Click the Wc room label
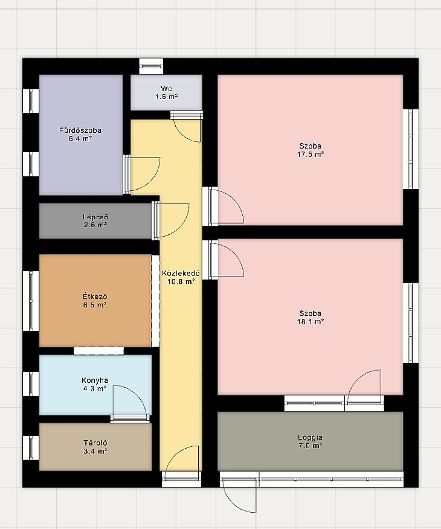[x=166, y=89]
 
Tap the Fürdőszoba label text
[x=80, y=130]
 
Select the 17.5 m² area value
[x=311, y=155]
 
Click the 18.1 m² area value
[x=311, y=321]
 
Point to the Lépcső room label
[x=95, y=217]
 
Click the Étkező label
[x=95, y=297]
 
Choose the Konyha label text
[x=95, y=380]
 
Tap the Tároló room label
[x=95, y=443]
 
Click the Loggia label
[x=310, y=437]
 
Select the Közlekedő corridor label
[x=181, y=273]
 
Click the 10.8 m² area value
[x=181, y=281]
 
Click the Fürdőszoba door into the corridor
[x=142, y=174]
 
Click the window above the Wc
[x=151, y=66]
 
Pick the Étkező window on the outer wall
[x=31, y=301]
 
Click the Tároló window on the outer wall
[x=31, y=447]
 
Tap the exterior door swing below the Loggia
[x=240, y=495]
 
